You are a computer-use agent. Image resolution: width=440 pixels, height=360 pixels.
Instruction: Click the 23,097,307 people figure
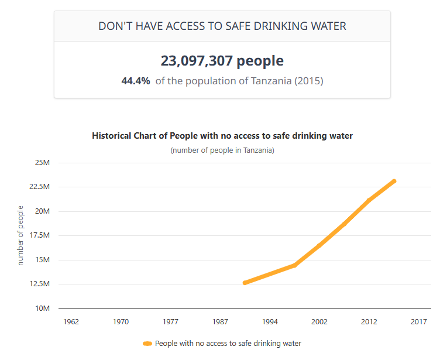point(222,61)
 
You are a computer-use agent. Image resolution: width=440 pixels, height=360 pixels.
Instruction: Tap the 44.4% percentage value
point(136,81)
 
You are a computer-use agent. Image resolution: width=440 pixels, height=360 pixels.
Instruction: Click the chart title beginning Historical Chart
point(222,136)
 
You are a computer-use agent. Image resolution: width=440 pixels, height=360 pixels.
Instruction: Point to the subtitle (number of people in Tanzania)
point(222,150)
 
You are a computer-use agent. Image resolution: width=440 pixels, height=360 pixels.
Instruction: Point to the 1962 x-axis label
point(71,321)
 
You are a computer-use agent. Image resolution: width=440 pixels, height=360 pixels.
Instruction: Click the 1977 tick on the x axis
point(171,321)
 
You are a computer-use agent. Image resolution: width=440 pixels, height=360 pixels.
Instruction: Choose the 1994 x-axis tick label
point(270,321)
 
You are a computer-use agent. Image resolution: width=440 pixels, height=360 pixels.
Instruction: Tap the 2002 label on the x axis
point(319,321)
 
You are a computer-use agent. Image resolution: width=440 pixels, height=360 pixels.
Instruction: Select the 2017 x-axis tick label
point(418,321)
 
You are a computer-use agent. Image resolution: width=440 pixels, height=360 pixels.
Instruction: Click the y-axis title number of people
point(20,235)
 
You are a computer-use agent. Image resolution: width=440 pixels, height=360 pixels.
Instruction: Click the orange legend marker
point(147,344)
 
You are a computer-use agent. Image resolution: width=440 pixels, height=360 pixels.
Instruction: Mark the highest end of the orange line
point(394,181)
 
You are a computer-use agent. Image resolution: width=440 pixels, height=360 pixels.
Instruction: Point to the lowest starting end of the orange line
point(245,283)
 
